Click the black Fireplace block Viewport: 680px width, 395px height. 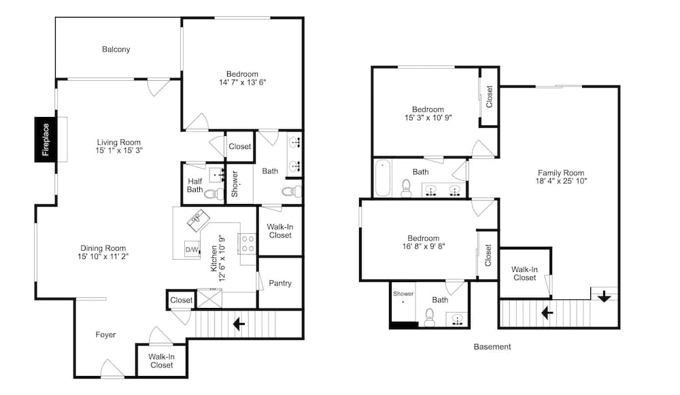pos(46,139)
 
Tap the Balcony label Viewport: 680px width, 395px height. pos(116,50)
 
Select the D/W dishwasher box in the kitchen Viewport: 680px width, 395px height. pos(192,250)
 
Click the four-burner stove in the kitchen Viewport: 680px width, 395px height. pos(248,243)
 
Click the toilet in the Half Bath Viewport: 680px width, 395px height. pos(213,194)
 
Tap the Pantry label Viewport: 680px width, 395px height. pos(280,283)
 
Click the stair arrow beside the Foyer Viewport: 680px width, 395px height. pos(239,324)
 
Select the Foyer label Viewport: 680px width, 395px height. pos(105,334)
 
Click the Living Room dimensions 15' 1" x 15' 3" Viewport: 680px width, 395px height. pos(119,150)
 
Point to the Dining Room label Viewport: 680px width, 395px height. pos(103,248)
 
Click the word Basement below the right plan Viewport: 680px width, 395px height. pos(492,347)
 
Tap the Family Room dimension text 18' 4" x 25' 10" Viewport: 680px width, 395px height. pos(561,181)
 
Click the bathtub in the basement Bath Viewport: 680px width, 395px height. pos(383,178)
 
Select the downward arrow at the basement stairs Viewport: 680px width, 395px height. pos(604,297)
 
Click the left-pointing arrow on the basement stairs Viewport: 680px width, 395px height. pos(547,312)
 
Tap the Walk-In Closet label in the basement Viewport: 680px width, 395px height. pos(524,273)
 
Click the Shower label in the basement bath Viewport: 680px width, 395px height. pos(403,294)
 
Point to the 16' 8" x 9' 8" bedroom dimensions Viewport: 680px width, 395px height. pos(424,246)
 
